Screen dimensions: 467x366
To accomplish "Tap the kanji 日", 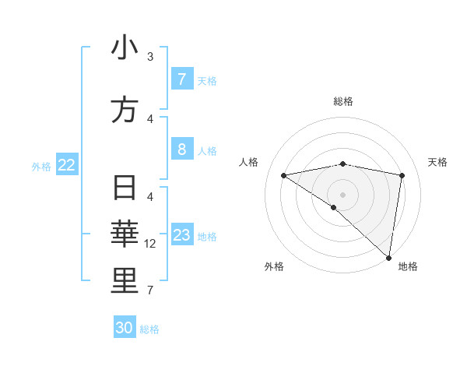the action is pyautogui.click(x=125, y=188).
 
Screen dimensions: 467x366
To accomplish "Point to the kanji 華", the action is pyautogui.click(x=125, y=234).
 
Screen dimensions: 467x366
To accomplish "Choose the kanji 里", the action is pyautogui.click(x=125, y=281).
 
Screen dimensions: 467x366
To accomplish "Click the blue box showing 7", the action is pyautogui.click(x=181, y=79).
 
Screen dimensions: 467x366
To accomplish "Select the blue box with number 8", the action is pyautogui.click(x=181, y=150).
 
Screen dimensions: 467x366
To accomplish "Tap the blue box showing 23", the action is pyautogui.click(x=181, y=235).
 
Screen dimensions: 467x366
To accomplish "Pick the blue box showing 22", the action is pyautogui.click(x=67, y=165).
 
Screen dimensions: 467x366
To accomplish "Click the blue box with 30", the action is pyautogui.click(x=125, y=328).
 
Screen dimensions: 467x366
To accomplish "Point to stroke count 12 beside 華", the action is pyautogui.click(x=150, y=244).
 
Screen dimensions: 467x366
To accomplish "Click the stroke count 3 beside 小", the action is pyautogui.click(x=150, y=56).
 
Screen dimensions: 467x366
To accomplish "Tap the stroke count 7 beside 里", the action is pyautogui.click(x=150, y=290).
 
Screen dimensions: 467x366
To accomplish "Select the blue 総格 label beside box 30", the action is pyautogui.click(x=149, y=329).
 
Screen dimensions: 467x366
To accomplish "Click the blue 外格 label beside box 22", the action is pyautogui.click(x=41, y=167).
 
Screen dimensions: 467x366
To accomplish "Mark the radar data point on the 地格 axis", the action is pyautogui.click(x=388, y=257).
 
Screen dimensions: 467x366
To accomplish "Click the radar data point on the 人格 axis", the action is pyautogui.click(x=283, y=175).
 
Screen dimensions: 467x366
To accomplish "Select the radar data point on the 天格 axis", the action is pyautogui.click(x=402, y=175).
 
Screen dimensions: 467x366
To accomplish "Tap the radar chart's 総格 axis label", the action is pyautogui.click(x=342, y=101).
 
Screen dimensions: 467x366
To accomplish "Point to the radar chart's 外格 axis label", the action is pyautogui.click(x=274, y=266).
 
